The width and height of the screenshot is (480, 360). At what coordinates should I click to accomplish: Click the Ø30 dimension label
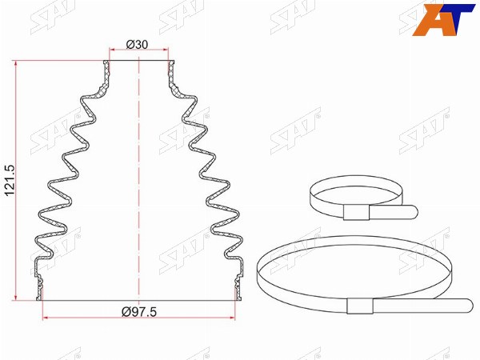click(137, 45)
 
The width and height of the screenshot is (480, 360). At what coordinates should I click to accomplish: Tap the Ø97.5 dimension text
click(139, 312)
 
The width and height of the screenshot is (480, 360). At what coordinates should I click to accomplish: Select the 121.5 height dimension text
click(10, 181)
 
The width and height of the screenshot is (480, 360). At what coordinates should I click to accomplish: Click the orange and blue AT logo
click(443, 20)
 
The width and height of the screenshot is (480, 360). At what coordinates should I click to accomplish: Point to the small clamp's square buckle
click(356, 213)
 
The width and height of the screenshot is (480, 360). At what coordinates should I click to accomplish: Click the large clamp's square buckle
click(360, 306)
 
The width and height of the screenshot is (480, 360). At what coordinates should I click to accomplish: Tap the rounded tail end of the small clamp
click(414, 211)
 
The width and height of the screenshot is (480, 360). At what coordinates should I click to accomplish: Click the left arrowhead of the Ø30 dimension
click(112, 50)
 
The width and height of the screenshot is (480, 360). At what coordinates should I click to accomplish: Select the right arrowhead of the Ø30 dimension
click(166, 50)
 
